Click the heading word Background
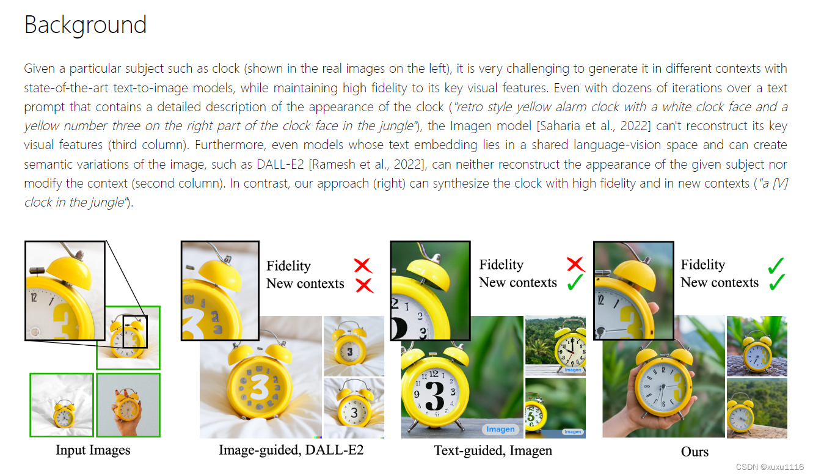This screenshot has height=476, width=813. [x=86, y=24]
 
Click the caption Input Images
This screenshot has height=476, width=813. [x=93, y=450]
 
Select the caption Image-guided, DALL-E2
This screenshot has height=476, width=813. [x=291, y=450]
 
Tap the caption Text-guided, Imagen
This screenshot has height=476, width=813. [x=493, y=450]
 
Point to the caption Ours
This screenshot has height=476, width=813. [x=695, y=452]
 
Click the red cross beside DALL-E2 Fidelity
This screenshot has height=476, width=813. [x=363, y=265]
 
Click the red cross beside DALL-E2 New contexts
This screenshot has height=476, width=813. [x=365, y=285]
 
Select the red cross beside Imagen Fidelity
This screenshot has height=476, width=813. [x=575, y=265]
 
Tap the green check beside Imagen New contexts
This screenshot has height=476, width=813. [x=575, y=282]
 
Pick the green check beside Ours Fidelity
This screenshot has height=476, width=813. [x=776, y=265]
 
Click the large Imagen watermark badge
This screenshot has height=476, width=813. [x=500, y=429]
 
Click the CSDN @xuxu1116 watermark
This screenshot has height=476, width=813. [x=770, y=467]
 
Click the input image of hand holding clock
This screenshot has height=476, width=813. [x=128, y=405]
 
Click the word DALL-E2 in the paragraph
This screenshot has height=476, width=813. [x=280, y=164]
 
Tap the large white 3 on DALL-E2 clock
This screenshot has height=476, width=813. [x=259, y=387]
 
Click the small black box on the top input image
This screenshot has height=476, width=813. [x=135, y=332]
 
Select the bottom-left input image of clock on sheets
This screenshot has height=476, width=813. [x=62, y=405]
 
